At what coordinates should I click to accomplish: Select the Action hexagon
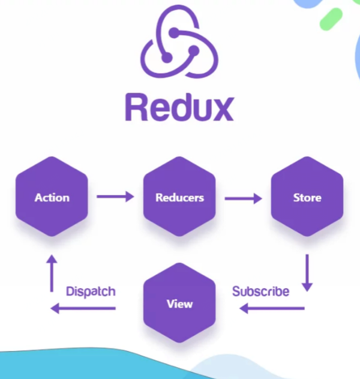(52, 197)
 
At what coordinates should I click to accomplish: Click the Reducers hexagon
(179, 197)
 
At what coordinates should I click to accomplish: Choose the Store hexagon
(307, 197)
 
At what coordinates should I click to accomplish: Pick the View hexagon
(179, 303)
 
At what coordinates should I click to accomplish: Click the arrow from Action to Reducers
(115, 196)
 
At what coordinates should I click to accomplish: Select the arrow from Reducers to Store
(243, 197)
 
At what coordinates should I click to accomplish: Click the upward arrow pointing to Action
(52, 272)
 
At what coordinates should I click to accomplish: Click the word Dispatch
(91, 291)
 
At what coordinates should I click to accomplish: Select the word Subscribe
(260, 291)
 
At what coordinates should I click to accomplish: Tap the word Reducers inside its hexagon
(179, 197)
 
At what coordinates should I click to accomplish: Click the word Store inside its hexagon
(307, 197)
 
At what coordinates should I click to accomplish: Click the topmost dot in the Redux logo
(173, 32)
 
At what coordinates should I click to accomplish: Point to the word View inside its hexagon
(179, 303)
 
